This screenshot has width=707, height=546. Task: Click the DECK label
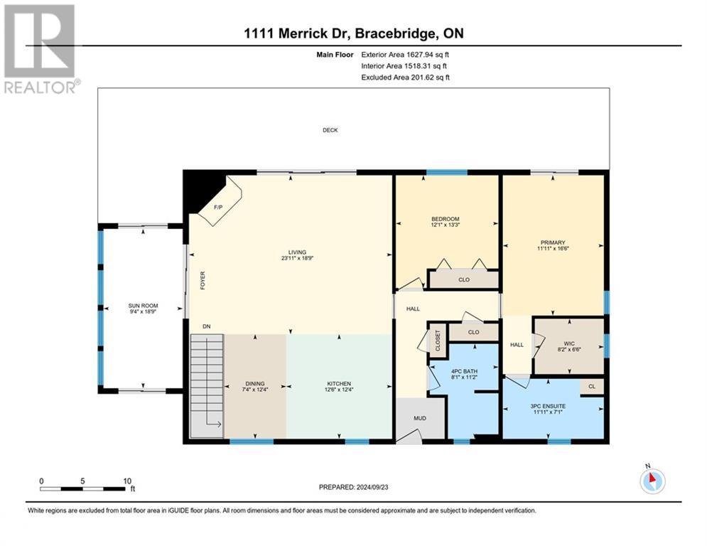(330, 130)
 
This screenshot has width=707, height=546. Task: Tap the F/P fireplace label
(218, 207)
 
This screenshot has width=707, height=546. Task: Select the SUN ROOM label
(143, 306)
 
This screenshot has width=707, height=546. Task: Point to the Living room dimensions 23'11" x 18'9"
(297, 259)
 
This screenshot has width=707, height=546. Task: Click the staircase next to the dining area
(207, 386)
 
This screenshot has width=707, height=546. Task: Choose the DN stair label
(207, 326)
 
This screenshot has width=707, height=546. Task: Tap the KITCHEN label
(339, 384)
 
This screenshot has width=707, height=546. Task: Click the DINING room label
(255, 384)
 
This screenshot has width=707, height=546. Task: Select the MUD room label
(420, 418)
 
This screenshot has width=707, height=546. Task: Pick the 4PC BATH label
(465, 371)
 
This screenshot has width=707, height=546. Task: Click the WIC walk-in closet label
(569, 343)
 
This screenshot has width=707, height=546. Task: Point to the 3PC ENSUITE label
(548, 406)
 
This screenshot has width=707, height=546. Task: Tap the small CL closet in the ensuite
(592, 386)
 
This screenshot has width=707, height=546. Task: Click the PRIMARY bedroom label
(553, 242)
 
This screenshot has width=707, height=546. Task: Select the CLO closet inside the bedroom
(464, 280)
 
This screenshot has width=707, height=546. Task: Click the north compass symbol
(652, 481)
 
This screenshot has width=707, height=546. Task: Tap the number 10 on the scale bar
(127, 481)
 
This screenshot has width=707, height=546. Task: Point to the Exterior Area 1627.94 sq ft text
(405, 55)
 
